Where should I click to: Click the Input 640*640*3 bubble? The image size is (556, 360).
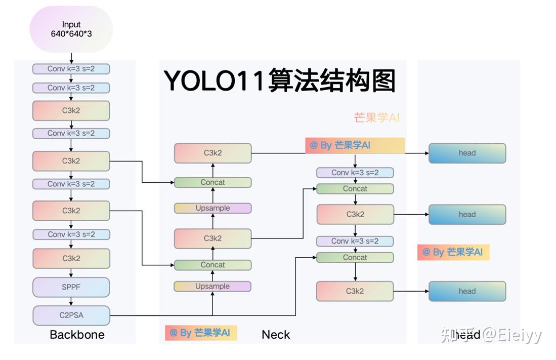coord(71,29)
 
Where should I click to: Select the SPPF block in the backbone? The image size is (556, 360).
coord(71,287)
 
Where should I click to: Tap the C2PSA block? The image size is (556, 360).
coord(71,315)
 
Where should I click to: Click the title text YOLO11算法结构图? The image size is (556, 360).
coord(280,80)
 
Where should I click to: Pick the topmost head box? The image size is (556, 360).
coord(467,153)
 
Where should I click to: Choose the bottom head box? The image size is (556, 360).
coord(467,291)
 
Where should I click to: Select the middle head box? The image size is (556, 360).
coord(467,214)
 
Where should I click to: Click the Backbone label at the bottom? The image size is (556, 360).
coord(77,335)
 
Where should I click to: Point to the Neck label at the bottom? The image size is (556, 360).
coord(276,335)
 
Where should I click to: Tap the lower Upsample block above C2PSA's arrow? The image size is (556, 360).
coord(212,286)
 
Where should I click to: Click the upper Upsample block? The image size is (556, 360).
coord(212,208)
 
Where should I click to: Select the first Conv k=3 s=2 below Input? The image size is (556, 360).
coord(71,69)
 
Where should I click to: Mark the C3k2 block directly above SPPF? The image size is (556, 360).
coord(71,258)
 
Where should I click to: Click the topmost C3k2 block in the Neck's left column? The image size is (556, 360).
coord(212,153)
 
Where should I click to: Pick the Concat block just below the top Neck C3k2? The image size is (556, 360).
coord(212,182)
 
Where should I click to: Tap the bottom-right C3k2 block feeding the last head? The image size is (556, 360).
coord(355,291)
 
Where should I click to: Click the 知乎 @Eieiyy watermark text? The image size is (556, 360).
coord(491,334)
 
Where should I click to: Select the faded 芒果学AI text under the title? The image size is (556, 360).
coord(377,117)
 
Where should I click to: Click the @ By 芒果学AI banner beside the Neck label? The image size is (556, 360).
coord(201,333)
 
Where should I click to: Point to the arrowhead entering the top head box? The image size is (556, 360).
coord(425,153)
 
